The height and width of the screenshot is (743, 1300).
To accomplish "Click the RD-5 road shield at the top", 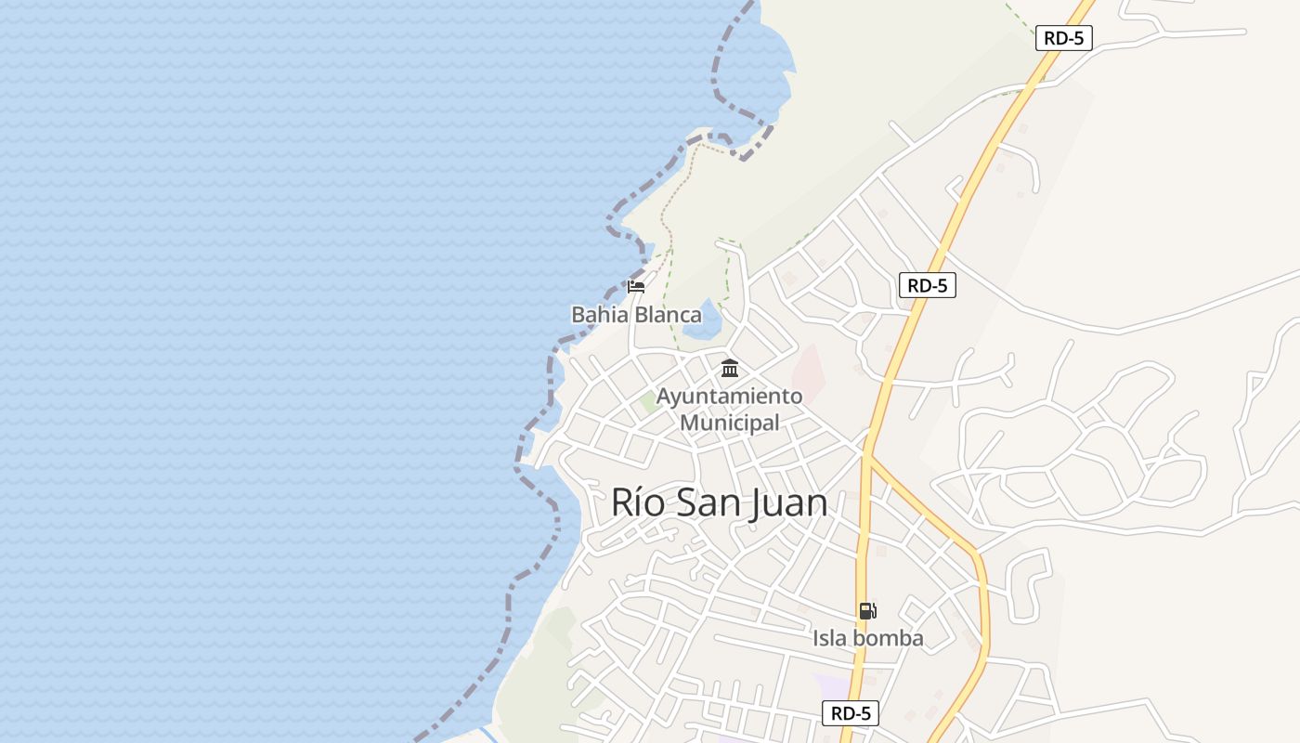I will point(1063,38).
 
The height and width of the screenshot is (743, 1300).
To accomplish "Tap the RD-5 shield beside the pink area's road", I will point(927,285).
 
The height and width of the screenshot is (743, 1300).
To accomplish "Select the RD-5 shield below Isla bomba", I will point(850,713).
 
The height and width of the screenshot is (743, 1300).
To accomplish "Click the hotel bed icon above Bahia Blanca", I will point(636,286).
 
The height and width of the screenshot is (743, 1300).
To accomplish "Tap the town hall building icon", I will point(730,369).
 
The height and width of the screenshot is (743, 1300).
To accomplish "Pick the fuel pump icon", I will point(867,610).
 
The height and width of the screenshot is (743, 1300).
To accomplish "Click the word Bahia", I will point(598,315).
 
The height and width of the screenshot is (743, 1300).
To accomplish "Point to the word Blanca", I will point(666,315).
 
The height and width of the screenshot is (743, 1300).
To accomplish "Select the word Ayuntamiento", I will point(729,397).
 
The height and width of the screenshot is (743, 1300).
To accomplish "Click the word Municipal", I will point(730,423).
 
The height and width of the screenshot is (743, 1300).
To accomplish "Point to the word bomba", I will point(889,638).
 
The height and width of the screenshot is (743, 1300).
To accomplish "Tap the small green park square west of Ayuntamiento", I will point(649,403).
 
